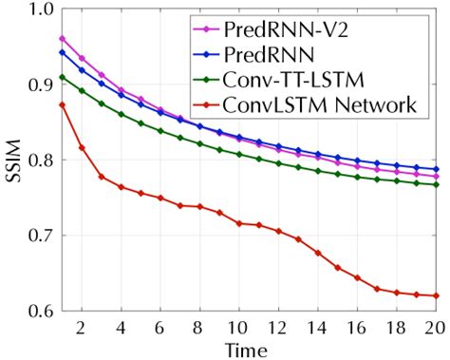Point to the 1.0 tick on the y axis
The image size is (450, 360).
pos(38,10)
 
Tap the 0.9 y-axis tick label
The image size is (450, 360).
pos(38,85)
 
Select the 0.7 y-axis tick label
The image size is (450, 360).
pos(38,235)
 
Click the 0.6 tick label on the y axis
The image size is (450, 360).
pos(38,310)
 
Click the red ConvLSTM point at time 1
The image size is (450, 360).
pos(62,105)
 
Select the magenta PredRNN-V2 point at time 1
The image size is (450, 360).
pos(62,39)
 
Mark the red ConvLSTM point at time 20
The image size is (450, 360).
pos(437,295)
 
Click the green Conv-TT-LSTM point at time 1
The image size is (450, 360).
pos(62,77)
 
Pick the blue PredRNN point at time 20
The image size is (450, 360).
pos(437,169)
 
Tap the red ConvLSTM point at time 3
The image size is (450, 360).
pos(101,177)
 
